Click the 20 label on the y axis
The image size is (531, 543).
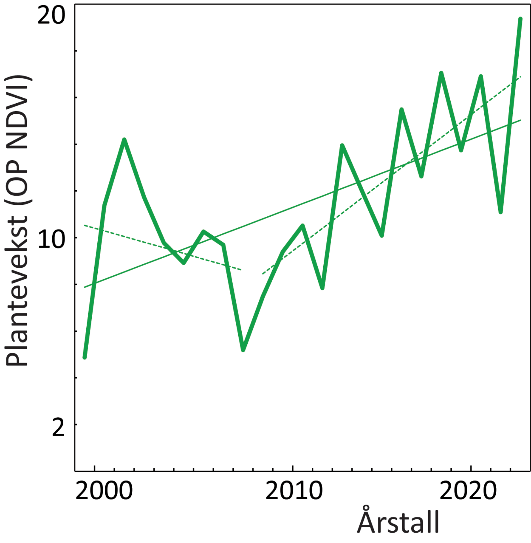51,16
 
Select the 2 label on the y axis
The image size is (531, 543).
58,427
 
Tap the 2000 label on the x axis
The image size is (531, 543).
104,491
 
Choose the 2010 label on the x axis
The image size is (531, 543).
294,491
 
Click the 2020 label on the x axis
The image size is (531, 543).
468,491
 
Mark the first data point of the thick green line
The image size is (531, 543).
84,357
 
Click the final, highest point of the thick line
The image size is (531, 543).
520,19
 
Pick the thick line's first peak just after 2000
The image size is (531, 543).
124,140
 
